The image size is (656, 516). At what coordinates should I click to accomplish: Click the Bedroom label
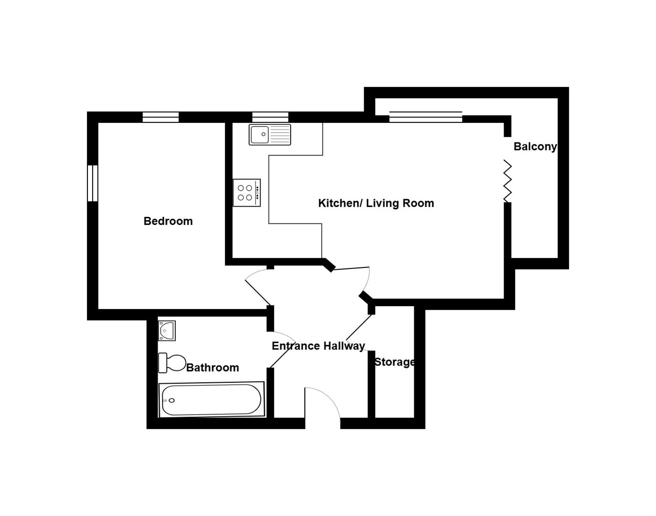click(168, 221)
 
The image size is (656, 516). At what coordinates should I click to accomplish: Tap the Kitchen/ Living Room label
click(376, 203)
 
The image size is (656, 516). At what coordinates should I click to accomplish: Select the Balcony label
click(535, 147)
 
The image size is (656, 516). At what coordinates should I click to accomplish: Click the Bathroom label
click(213, 367)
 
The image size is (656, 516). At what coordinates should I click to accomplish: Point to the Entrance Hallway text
click(318, 346)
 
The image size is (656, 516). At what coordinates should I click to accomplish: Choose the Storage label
click(394, 362)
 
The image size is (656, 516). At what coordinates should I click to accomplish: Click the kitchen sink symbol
click(269, 134)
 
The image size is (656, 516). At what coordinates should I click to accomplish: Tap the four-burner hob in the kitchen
click(247, 193)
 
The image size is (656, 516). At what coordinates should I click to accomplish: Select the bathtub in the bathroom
click(212, 399)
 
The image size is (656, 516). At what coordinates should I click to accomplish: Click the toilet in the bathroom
click(172, 363)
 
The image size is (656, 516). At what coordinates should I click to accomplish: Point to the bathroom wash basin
click(167, 330)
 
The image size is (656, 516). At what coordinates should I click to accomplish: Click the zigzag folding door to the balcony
click(507, 181)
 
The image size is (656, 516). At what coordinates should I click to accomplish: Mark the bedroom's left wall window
click(92, 183)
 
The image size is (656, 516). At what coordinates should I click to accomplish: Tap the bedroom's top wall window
click(161, 117)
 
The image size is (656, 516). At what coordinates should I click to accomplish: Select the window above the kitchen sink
click(270, 117)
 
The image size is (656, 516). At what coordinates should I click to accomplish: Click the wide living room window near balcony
click(425, 117)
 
